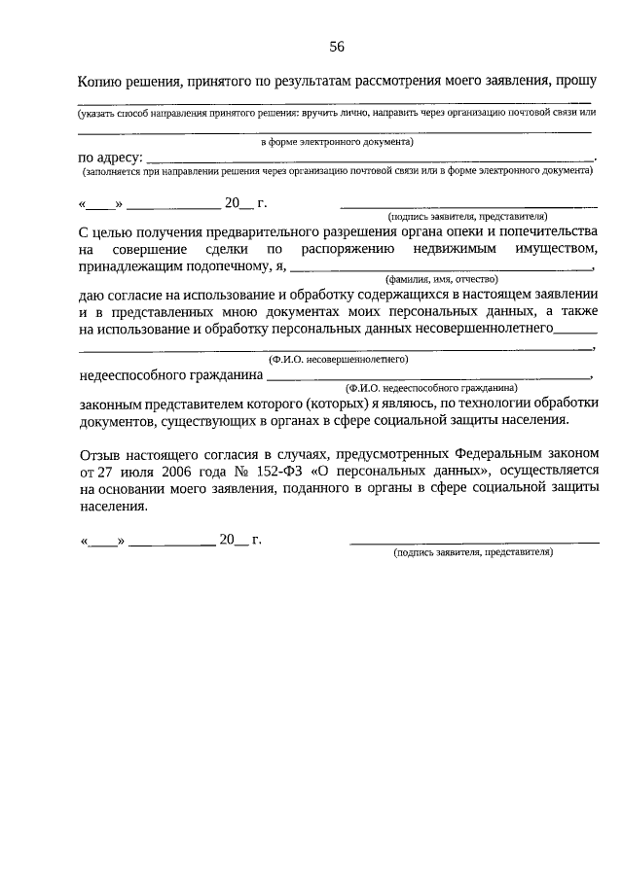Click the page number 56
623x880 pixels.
point(337,46)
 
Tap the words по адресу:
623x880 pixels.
point(110,158)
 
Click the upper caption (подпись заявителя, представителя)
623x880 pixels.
point(467,216)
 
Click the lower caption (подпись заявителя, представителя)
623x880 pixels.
point(473,551)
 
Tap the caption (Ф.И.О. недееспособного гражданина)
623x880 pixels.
point(430,386)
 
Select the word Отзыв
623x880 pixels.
point(96,454)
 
